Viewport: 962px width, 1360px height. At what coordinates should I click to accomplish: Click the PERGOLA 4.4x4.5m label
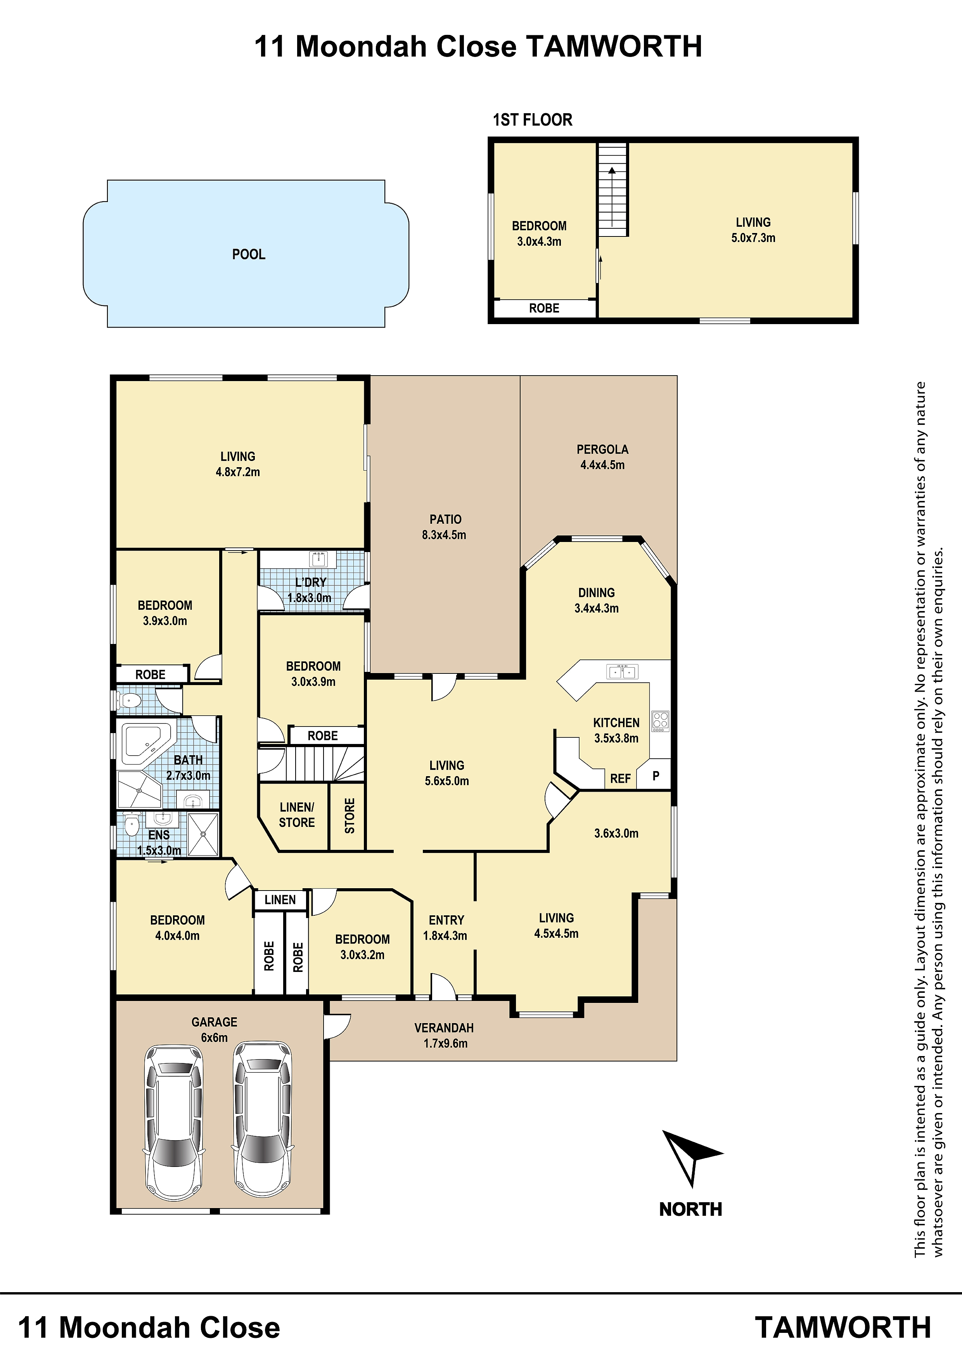(x=602, y=457)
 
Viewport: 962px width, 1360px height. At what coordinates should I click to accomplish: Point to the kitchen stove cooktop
(x=660, y=720)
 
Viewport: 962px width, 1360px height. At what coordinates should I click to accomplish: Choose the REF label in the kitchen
(x=620, y=778)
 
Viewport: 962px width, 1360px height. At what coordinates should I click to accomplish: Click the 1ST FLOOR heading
(x=532, y=120)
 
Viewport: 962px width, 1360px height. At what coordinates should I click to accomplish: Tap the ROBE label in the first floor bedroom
(x=544, y=308)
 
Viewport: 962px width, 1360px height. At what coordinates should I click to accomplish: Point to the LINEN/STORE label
(x=297, y=815)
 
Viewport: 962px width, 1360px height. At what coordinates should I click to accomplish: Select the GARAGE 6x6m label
(x=214, y=1029)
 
